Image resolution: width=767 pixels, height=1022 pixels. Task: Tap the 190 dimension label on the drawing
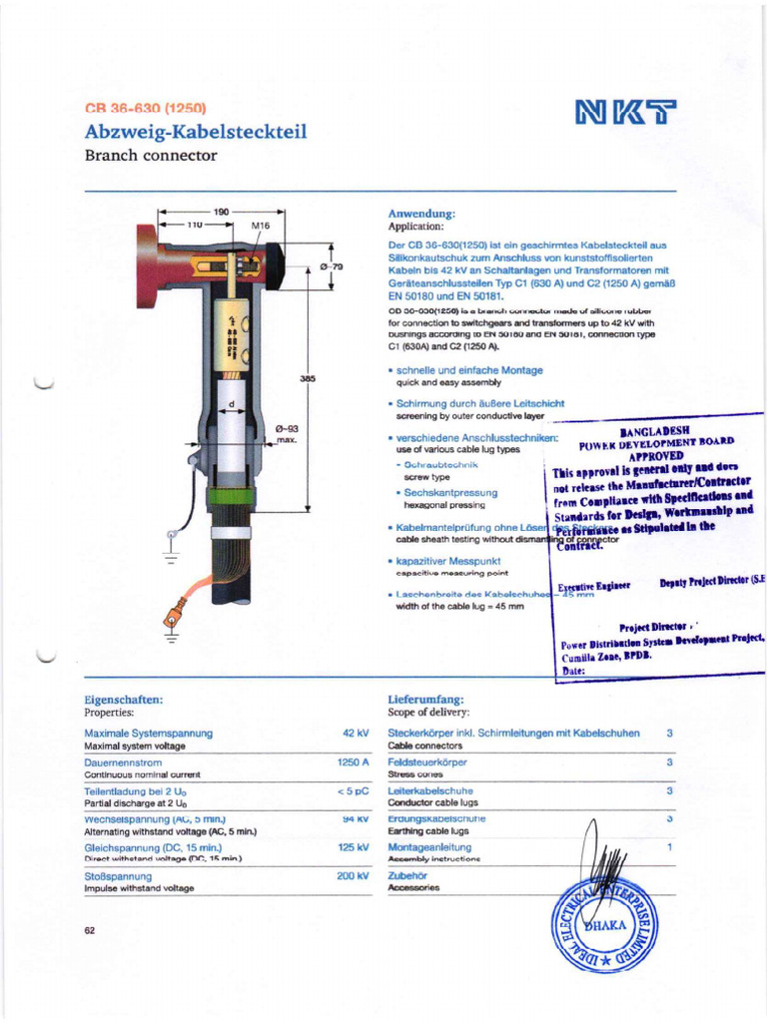pyautogui.click(x=222, y=212)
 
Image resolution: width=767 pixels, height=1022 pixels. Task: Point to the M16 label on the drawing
pyautogui.click(x=261, y=227)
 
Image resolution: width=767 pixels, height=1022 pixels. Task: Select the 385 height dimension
pyautogui.click(x=308, y=379)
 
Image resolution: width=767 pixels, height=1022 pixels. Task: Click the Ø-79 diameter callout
pyautogui.click(x=331, y=266)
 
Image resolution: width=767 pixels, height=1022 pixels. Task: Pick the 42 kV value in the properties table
pyautogui.click(x=356, y=734)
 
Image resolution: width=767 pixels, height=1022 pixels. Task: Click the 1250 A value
pyautogui.click(x=354, y=762)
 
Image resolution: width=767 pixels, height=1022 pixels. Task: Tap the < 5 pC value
pyautogui.click(x=353, y=790)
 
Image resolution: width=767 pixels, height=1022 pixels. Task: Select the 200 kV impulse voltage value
pyautogui.click(x=353, y=875)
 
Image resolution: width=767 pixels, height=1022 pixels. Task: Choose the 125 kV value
pyautogui.click(x=354, y=847)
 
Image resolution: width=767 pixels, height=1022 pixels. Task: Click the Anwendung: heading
pyautogui.click(x=421, y=214)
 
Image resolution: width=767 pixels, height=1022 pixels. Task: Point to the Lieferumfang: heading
pyautogui.click(x=425, y=701)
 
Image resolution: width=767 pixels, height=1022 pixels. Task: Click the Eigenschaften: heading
pyautogui.click(x=123, y=701)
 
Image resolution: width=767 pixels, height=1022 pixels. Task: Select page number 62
pyautogui.click(x=90, y=930)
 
